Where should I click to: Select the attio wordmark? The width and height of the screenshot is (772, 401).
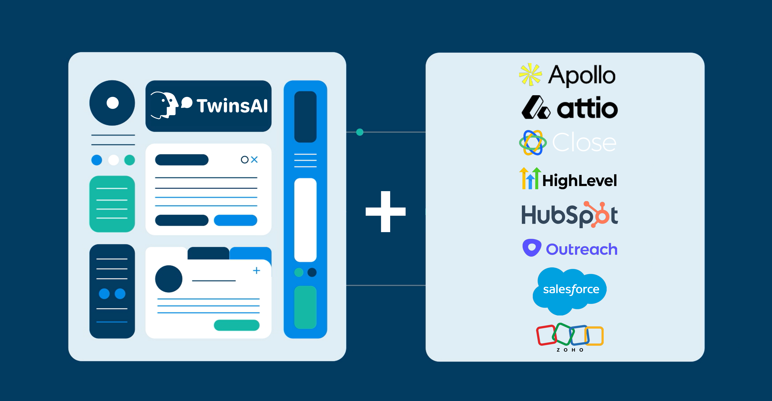pyautogui.click(x=587, y=108)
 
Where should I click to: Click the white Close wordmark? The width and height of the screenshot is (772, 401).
pyautogui.click(x=584, y=143)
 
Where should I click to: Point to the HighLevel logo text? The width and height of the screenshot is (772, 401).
pyautogui.click(x=579, y=181)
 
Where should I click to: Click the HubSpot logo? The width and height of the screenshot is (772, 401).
pyautogui.click(x=569, y=215)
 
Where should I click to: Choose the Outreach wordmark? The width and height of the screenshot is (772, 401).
pyautogui.click(x=581, y=249)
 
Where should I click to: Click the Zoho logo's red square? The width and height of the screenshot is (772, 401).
pyautogui.click(x=546, y=335)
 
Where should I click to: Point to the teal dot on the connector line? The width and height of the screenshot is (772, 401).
pyautogui.click(x=360, y=132)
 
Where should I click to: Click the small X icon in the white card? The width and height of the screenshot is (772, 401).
pyautogui.click(x=255, y=160)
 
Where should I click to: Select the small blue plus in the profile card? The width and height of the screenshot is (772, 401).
pyautogui.click(x=256, y=271)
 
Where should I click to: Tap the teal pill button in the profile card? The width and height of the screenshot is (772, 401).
pyautogui.click(x=236, y=325)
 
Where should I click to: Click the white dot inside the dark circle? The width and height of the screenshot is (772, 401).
pyautogui.click(x=113, y=103)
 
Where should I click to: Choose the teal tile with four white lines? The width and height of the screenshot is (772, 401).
pyautogui.click(x=112, y=204)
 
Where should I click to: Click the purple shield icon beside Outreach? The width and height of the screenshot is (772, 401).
pyautogui.click(x=531, y=248)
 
